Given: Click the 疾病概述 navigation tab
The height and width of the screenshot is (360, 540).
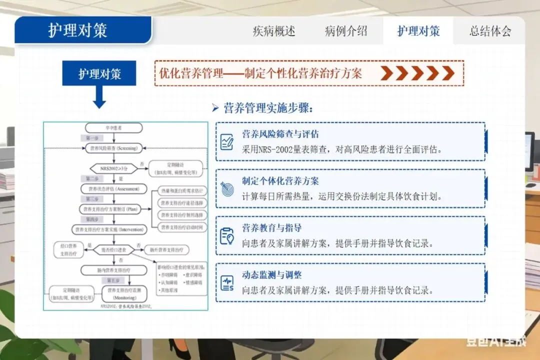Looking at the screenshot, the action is (x=274, y=31).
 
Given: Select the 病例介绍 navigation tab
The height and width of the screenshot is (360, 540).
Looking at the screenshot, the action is (x=346, y=31).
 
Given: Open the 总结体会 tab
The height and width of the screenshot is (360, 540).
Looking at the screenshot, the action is (x=490, y=31).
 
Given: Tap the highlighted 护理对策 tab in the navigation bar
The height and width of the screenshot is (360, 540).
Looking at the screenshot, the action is (x=418, y=31).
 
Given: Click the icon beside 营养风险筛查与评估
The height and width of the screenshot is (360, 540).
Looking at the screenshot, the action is (x=227, y=141).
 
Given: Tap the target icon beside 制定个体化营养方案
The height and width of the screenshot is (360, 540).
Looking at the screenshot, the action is (x=227, y=189).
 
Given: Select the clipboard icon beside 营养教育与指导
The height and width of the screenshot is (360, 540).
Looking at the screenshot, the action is (x=227, y=236).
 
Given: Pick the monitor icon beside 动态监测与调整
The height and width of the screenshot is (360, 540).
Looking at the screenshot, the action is (x=227, y=283).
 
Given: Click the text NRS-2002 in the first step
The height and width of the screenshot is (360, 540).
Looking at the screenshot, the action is (x=269, y=149).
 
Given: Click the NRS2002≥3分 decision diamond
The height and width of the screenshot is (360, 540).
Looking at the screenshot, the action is (x=113, y=168).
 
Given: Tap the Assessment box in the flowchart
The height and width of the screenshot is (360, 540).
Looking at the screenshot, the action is (x=114, y=188).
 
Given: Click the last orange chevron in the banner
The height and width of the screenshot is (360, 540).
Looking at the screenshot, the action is (x=448, y=73).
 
